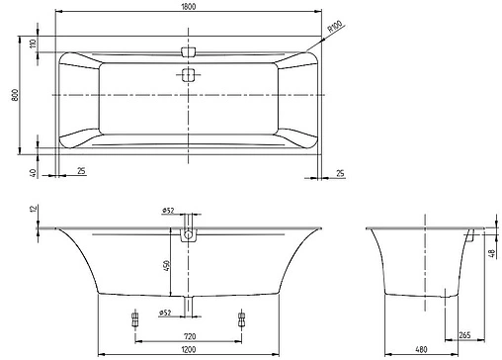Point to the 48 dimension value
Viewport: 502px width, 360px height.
pyautogui.click(x=492, y=252)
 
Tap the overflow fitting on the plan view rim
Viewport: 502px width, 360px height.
pyautogui.click(x=188, y=49)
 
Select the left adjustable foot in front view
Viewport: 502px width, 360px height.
pyautogui.click(x=135, y=319)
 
